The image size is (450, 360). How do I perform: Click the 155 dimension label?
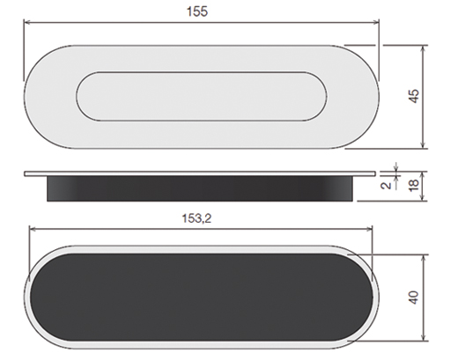197,11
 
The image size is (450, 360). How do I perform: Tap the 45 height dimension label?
414,96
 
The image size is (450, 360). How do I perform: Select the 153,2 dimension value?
196,218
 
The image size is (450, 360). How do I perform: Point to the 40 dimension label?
414,298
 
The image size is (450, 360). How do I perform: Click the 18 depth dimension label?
414,185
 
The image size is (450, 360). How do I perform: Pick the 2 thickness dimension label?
387,186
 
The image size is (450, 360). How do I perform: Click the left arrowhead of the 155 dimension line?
27,22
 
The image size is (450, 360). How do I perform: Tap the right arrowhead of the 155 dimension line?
376,22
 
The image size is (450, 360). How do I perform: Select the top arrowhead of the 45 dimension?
423,48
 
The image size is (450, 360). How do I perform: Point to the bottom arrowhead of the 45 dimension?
423,145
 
